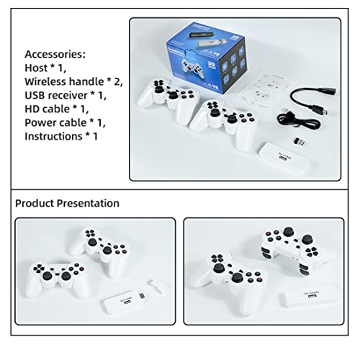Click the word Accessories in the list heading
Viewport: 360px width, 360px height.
[x=55, y=54]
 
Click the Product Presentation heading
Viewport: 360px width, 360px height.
[x=67, y=204]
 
